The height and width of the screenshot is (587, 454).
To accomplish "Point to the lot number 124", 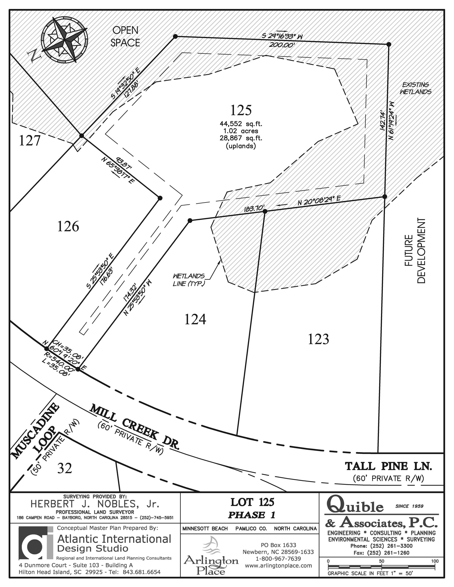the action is [x=195, y=319].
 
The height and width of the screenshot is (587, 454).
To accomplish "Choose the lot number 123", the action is [x=318, y=339].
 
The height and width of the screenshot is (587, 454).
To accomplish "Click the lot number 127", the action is [x=30, y=141].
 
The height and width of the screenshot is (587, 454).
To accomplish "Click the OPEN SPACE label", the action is [x=125, y=36].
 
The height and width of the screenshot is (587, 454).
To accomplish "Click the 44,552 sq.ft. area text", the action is [x=241, y=124].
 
